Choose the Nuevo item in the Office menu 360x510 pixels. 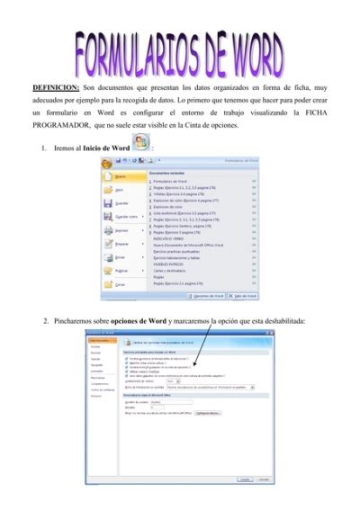click(x=120, y=177)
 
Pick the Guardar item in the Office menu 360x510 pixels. click(x=121, y=203)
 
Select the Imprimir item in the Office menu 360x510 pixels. click(x=121, y=230)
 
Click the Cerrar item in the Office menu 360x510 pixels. click(x=120, y=283)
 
